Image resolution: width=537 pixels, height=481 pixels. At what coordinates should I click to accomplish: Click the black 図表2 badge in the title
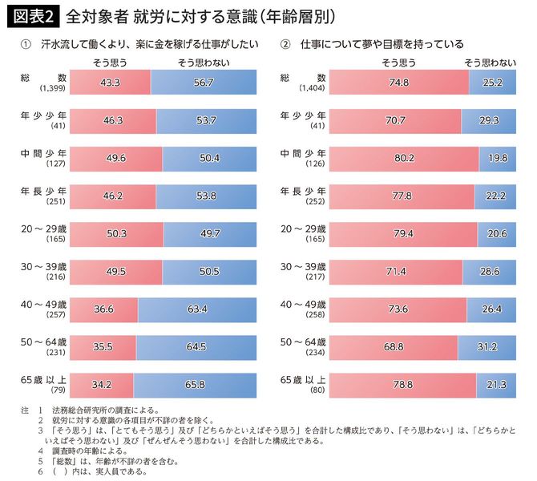coord(31,15)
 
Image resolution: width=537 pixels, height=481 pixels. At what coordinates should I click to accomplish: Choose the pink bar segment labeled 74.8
coord(398,83)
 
